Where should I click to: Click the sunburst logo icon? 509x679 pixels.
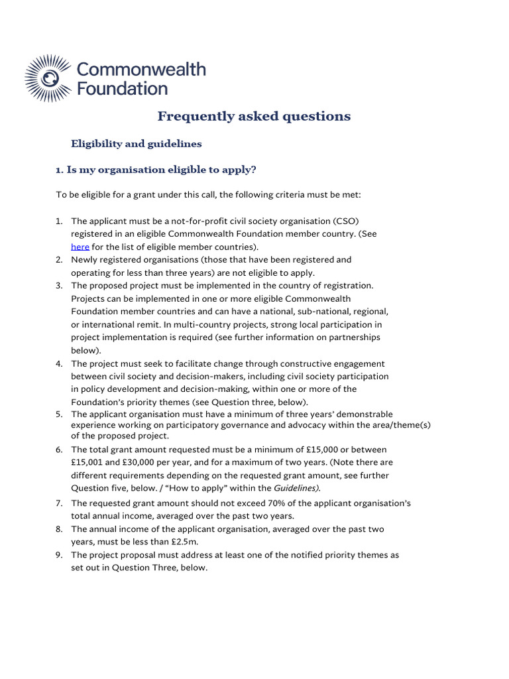tap(48, 78)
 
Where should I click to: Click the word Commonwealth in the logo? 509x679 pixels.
tap(142, 70)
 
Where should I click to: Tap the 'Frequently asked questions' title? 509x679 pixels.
tap(254, 117)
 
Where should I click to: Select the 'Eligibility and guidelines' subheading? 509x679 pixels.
tap(137, 143)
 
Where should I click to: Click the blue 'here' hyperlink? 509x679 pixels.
tap(79, 247)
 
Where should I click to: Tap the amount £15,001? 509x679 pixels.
tap(89, 462)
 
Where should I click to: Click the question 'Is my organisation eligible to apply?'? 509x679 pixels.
tap(161, 170)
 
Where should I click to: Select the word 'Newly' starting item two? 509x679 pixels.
tap(85, 260)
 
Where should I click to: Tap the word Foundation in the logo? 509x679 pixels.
tap(123, 88)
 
